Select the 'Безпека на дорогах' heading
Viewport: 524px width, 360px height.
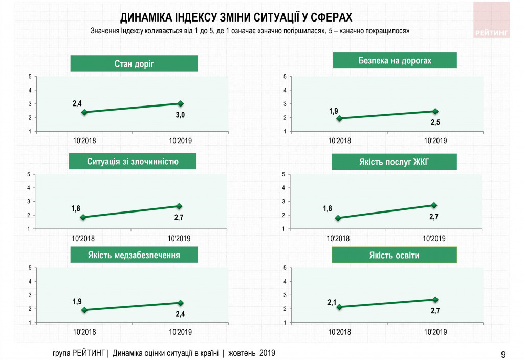395,61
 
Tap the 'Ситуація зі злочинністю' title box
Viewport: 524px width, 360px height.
133,162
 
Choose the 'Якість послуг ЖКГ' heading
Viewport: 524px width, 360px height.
394,162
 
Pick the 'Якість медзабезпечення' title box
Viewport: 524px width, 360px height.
133,255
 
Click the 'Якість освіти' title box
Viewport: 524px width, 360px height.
394,255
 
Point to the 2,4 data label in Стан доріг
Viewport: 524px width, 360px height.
77,103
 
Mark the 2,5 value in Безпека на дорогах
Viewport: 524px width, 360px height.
434,122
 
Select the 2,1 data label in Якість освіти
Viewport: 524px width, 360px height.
332,302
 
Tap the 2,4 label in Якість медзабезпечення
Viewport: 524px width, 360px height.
180,313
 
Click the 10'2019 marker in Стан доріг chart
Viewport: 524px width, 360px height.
180,104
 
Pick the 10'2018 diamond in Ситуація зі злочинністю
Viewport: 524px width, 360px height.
83,217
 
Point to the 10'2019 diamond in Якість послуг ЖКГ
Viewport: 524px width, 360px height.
434,205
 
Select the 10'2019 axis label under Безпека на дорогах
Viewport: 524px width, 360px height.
435,141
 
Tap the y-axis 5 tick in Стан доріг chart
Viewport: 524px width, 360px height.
30,77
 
